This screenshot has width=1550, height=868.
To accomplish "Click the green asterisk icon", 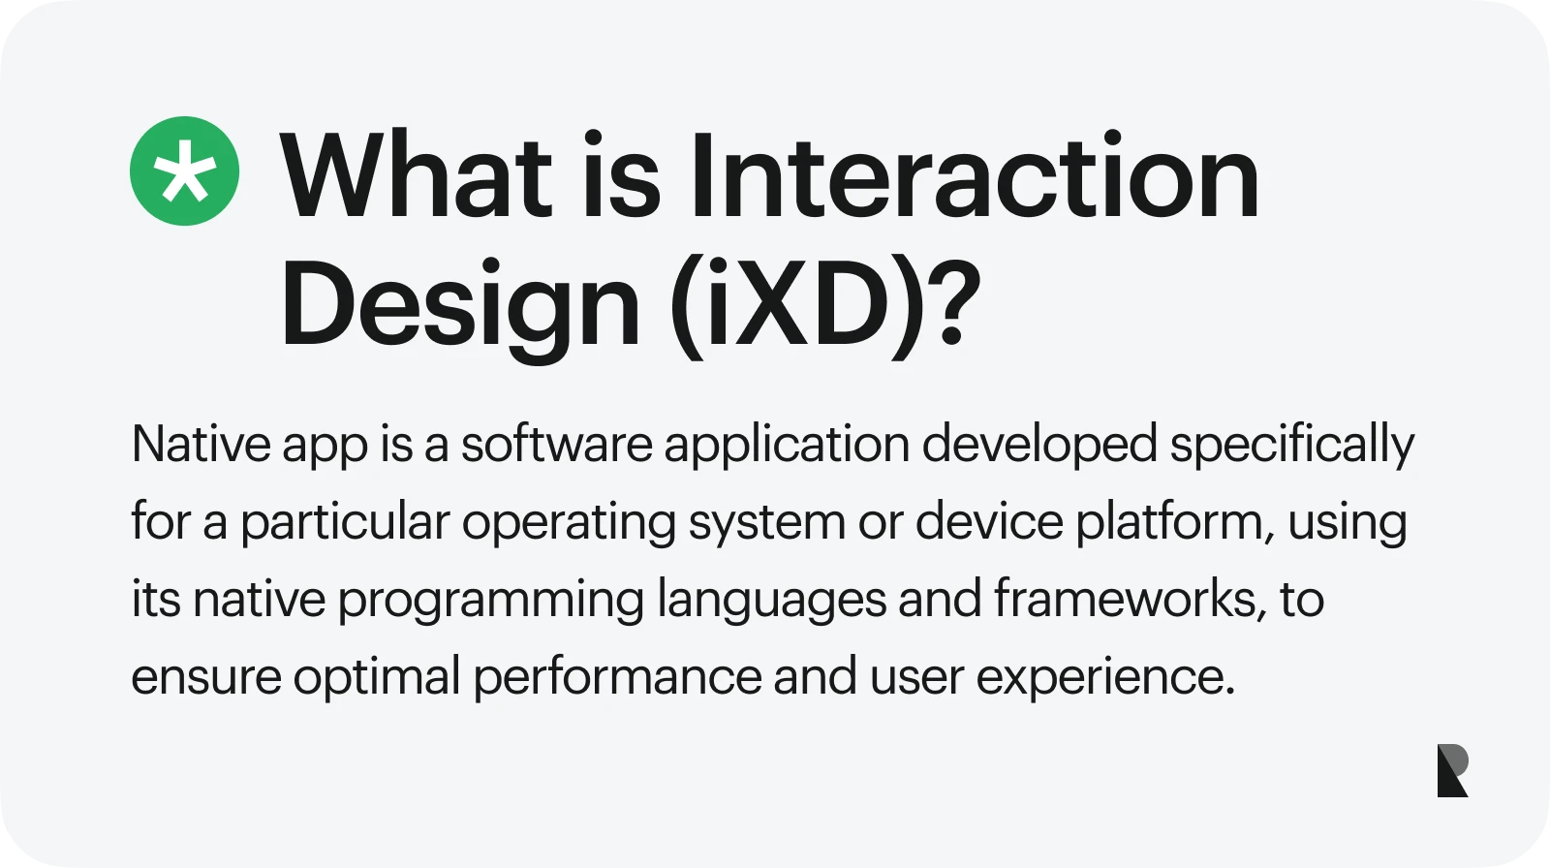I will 184,171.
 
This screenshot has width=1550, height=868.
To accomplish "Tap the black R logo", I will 1452,771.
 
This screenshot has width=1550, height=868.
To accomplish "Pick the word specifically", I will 1292,445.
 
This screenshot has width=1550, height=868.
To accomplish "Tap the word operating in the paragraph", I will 569,522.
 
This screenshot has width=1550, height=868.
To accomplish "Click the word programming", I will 490,600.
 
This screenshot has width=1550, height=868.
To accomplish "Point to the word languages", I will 771,600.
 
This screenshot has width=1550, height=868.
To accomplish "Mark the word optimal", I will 377,677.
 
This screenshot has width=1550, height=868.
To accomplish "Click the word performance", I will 617,677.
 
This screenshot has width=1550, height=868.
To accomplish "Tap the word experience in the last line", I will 1104,677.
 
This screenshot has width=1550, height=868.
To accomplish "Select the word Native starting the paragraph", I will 201,445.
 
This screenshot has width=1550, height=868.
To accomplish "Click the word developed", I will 1038,445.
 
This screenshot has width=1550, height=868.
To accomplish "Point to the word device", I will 989,521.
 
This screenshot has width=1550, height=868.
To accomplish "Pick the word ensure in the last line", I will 205,677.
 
